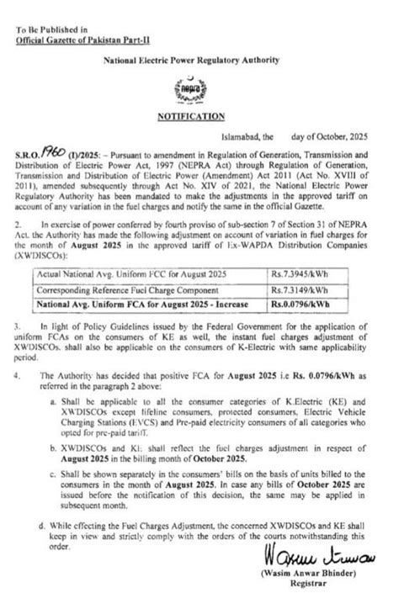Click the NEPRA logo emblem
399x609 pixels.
point(199,90)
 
